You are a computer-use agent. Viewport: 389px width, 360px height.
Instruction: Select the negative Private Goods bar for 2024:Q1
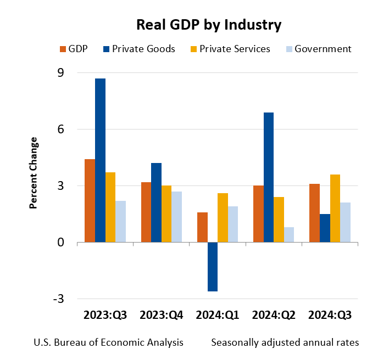click(213, 267)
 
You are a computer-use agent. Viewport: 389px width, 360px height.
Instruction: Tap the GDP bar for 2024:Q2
click(258, 214)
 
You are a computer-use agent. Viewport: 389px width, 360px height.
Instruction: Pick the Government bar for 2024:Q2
click(289, 235)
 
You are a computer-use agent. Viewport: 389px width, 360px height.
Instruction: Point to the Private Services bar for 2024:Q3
click(335, 209)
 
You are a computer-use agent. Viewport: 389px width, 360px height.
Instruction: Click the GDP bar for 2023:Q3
click(90, 201)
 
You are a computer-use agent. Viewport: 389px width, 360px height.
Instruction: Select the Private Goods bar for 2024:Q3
click(325, 228)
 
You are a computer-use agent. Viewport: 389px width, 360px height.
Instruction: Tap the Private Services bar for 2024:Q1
click(223, 218)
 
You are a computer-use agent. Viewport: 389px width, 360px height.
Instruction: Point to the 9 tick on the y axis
click(60, 72)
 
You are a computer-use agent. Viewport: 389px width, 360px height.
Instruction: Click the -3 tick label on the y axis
click(58, 299)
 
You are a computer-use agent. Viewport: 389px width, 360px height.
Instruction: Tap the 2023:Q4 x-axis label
click(162, 316)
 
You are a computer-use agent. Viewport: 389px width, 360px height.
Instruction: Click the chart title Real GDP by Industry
click(209, 25)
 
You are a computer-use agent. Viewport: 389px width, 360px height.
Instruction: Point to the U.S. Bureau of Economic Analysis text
click(108, 342)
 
